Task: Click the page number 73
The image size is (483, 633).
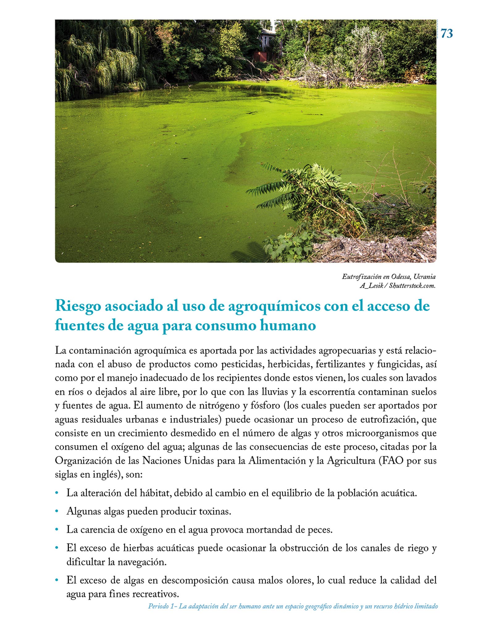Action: (x=447, y=33)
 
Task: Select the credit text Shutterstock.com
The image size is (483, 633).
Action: (x=412, y=286)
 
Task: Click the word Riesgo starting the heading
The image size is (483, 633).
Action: (x=79, y=306)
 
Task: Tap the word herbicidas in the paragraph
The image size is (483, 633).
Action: (x=285, y=364)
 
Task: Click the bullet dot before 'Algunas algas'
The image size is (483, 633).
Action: (x=57, y=512)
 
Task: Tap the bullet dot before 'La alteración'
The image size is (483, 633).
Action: (x=57, y=493)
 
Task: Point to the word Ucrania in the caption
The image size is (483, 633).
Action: (x=425, y=277)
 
